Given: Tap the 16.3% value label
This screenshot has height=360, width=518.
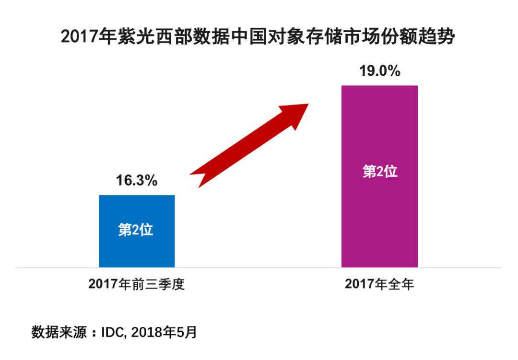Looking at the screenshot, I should pos(137,181).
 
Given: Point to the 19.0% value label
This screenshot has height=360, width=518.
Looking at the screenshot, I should pos(380,71).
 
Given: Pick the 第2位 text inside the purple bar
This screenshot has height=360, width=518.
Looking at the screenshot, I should pos(380,172).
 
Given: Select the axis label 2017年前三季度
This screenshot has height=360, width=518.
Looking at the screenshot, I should pos(137,284).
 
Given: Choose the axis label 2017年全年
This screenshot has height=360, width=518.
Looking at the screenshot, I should pos(379,284).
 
